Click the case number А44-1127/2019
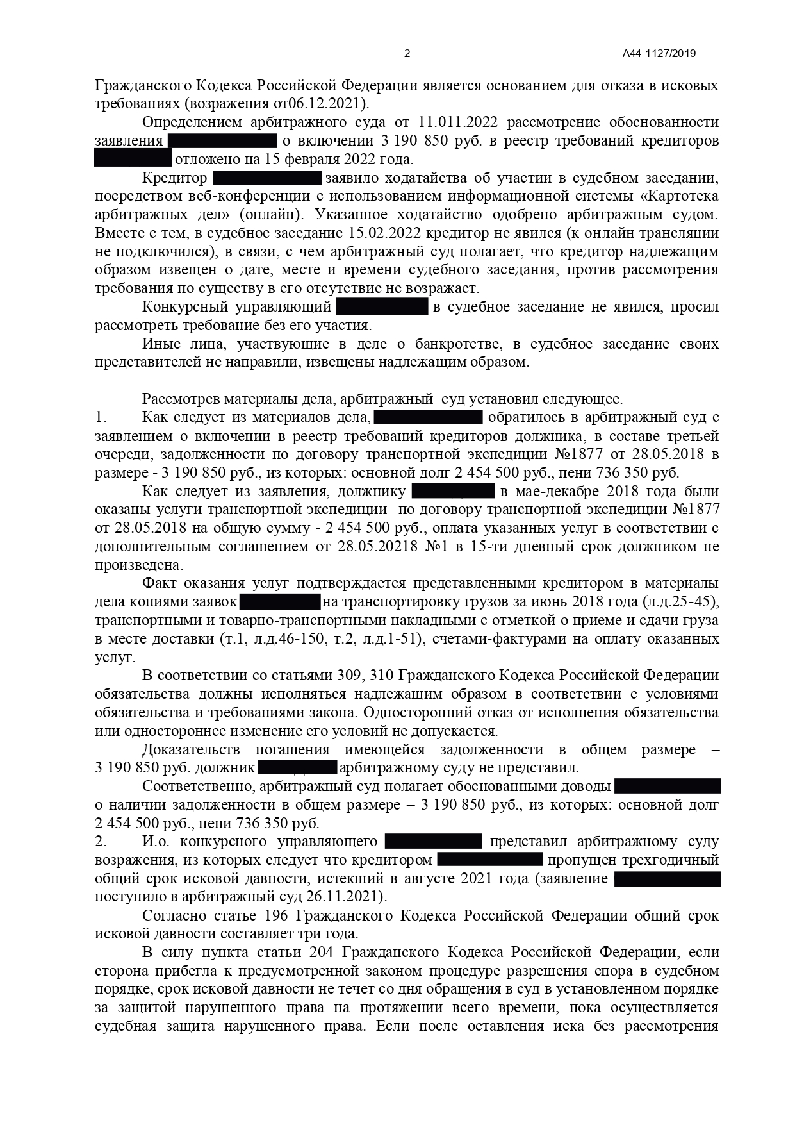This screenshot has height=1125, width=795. coord(659,54)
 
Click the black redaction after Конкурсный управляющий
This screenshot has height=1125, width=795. coord(381,307)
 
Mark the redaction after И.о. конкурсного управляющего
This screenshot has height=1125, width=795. coord(433,841)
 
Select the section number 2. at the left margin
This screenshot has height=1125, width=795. coord(101,841)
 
